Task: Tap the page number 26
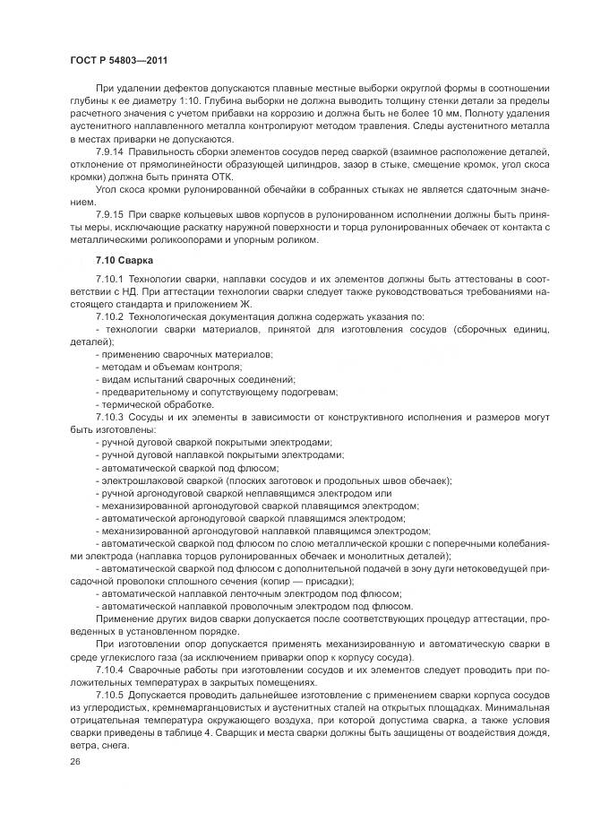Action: (x=75, y=761)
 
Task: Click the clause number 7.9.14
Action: (x=110, y=153)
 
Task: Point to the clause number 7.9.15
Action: (x=110, y=216)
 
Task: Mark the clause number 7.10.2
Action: (x=110, y=317)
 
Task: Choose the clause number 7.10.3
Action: (x=110, y=417)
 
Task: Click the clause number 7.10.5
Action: (x=110, y=695)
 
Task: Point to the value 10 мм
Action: (x=492, y=116)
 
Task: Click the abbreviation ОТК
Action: (x=220, y=178)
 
